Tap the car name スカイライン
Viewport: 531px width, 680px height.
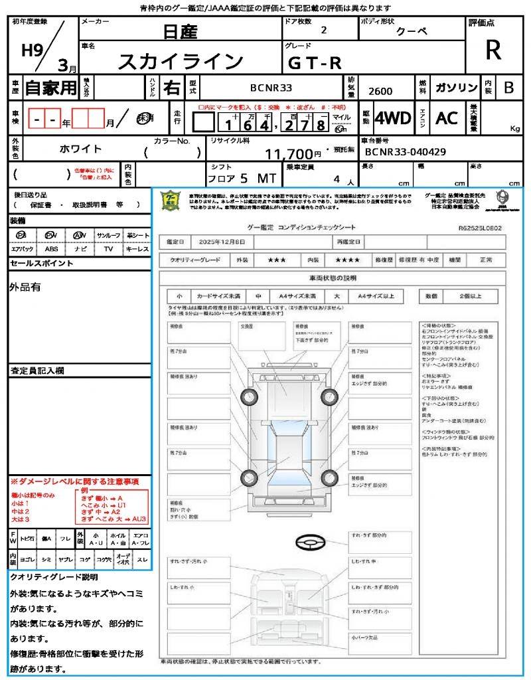[x=181, y=62]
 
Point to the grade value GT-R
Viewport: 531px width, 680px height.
[x=315, y=62]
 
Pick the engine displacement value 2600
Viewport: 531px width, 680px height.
[x=380, y=92]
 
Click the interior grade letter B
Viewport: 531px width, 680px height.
[x=508, y=88]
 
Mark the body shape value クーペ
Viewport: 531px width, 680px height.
[x=412, y=32]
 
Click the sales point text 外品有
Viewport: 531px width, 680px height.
[x=25, y=287]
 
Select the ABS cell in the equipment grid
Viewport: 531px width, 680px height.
[x=51, y=249]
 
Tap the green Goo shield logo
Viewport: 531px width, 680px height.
[x=171, y=199]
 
